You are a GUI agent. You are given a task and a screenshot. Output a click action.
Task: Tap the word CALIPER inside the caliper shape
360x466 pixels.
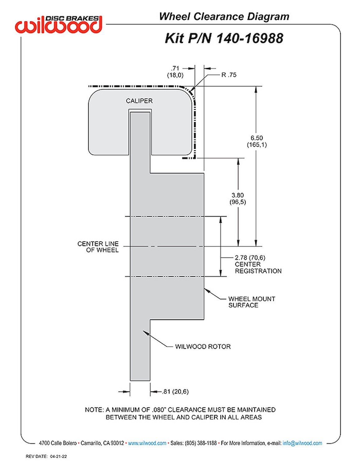click(x=139, y=101)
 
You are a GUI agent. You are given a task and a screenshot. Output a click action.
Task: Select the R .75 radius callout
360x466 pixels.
click(x=229, y=75)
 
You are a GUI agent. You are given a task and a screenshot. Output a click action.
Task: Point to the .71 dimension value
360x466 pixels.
click(x=175, y=68)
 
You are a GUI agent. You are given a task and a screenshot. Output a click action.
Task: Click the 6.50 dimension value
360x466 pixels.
click(x=256, y=138)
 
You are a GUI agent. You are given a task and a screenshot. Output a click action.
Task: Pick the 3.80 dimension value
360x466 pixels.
click(x=238, y=195)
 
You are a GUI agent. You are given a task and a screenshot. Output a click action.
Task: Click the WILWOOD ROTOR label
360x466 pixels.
click(x=203, y=347)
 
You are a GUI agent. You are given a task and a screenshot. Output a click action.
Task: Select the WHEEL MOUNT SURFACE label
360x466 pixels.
click(x=252, y=302)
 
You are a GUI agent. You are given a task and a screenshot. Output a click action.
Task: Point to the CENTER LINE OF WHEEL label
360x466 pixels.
click(x=98, y=247)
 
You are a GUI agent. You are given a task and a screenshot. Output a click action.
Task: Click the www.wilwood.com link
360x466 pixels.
click(x=147, y=443)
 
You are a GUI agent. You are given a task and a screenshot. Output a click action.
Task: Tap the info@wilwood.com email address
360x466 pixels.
click(x=302, y=443)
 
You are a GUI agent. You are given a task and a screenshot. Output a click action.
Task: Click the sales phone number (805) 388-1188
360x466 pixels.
click(x=201, y=443)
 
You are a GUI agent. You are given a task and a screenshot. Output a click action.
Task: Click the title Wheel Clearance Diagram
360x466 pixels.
click(x=224, y=16)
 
